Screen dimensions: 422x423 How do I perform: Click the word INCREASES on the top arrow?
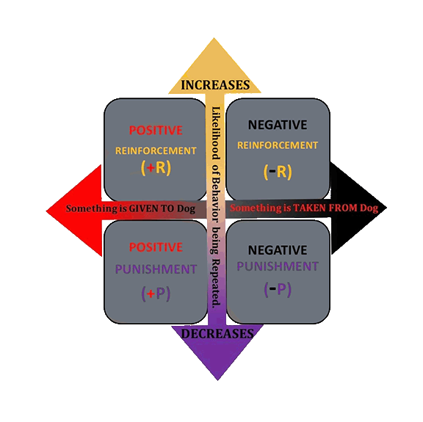(216, 84)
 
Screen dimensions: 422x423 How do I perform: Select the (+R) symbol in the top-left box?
(156, 167)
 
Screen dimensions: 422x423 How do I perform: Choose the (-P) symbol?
(278, 289)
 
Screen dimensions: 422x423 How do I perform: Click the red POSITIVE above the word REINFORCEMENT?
(156, 131)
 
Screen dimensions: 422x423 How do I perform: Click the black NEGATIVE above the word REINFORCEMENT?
(278, 125)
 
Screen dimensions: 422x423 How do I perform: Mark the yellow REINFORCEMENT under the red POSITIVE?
(156, 150)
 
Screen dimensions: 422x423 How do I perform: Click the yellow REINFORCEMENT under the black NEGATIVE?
(278, 145)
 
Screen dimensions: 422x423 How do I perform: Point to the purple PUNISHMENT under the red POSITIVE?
(156, 269)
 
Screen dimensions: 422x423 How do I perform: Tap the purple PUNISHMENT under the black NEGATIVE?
(278, 266)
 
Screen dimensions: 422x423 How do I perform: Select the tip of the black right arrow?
(385, 208)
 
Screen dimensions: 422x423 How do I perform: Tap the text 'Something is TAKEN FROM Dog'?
(304, 208)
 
